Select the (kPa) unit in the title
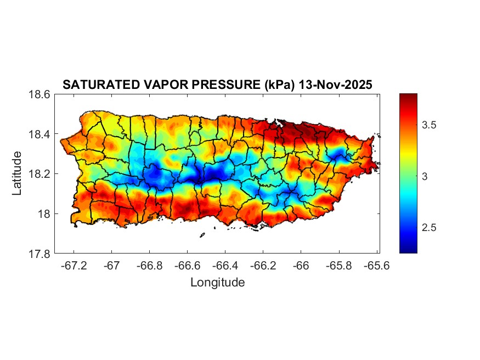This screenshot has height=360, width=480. [278, 85]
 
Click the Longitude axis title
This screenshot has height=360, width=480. [217, 283]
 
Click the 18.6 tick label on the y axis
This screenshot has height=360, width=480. [39, 94]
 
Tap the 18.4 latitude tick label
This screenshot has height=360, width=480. [39, 134]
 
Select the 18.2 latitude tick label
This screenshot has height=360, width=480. [39, 174]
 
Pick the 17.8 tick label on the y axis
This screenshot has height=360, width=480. [39, 254]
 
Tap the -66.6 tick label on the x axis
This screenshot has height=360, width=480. [187, 266]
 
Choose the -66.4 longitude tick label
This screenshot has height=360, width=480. [225, 266]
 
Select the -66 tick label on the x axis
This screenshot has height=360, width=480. [301, 266]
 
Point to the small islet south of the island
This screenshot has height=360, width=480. [202, 235]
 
